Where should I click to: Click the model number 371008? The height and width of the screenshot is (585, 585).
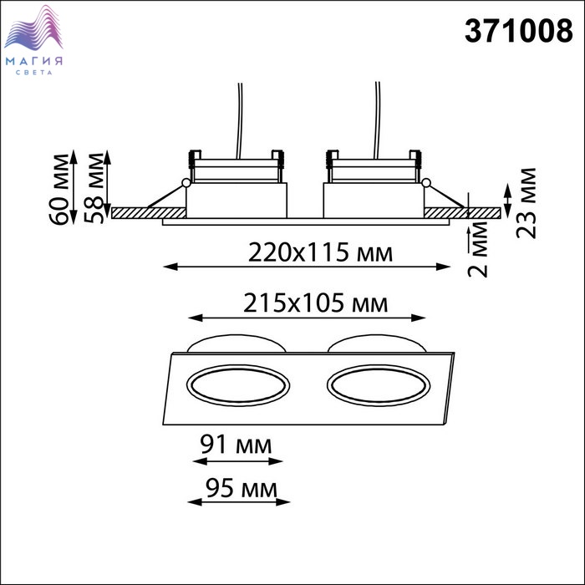pyautogui.click(x=518, y=31)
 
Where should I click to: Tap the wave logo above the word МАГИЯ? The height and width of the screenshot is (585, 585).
pyautogui.click(x=33, y=28)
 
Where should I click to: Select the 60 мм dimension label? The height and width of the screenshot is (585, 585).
pyautogui.click(x=59, y=189)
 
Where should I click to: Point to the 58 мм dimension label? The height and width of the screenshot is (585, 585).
pyautogui.click(x=94, y=188)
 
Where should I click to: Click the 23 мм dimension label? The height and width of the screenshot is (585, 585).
pyautogui.click(x=526, y=203)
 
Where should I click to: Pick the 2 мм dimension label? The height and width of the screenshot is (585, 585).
pyautogui.click(x=477, y=249)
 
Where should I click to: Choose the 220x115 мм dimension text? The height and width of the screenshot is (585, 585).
pyautogui.click(x=320, y=252)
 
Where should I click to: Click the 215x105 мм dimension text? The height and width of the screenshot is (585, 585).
pyautogui.click(x=316, y=303)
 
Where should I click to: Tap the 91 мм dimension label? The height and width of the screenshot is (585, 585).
pyautogui.click(x=236, y=444)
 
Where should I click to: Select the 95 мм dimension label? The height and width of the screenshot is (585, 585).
pyautogui.click(x=242, y=488)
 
